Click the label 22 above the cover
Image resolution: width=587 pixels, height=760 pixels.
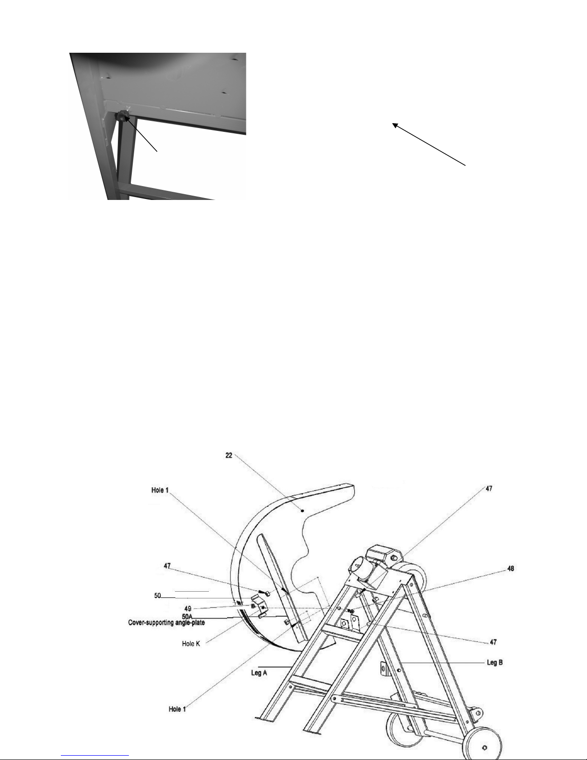point(229,456)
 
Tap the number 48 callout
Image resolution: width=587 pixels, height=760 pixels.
point(510,569)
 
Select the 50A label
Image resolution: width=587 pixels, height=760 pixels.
point(187,617)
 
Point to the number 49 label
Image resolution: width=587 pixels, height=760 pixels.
point(188,609)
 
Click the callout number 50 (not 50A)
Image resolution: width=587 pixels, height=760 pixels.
point(158,596)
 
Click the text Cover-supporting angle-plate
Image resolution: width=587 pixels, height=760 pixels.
point(166,622)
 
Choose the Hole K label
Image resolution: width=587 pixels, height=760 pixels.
point(191,643)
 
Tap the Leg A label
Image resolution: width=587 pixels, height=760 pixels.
point(259,673)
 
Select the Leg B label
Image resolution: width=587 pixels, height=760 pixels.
point(495,662)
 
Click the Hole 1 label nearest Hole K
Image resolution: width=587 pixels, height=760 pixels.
point(177,709)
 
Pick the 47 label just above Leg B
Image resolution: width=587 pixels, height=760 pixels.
point(493,642)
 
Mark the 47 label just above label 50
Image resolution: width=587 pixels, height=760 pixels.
point(167,565)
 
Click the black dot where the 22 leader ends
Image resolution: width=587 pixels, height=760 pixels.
point(302,511)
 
